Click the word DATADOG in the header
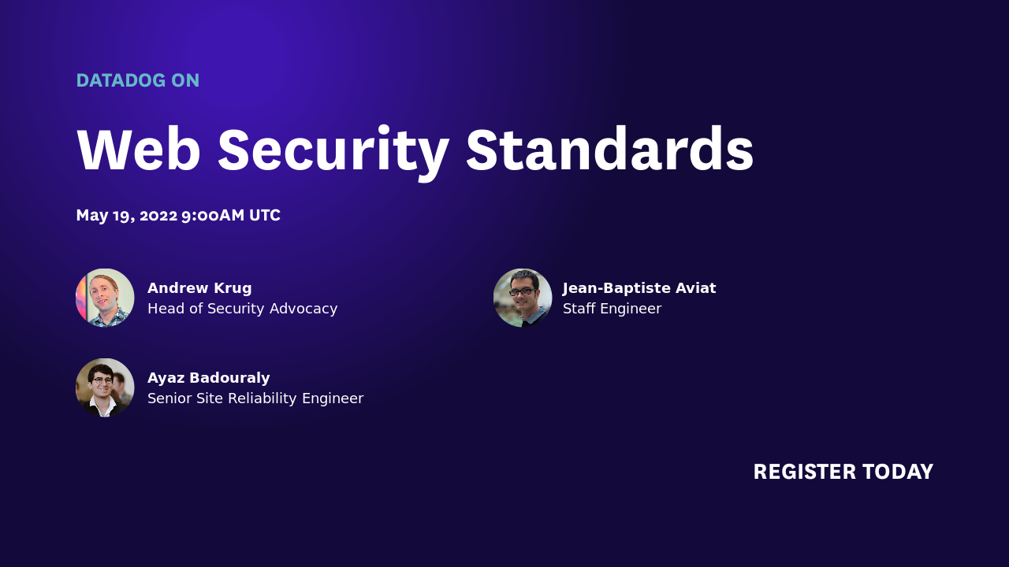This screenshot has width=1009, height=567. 121,80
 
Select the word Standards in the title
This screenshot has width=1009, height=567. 609,150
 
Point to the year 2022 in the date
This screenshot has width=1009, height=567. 158,216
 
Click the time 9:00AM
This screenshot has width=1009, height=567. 213,216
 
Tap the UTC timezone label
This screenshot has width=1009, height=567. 265,216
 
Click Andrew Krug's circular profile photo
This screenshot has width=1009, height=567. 105,298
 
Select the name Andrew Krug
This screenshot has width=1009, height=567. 199,288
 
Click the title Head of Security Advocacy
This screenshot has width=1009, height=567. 242,309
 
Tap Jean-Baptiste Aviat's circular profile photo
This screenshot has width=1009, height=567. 523,298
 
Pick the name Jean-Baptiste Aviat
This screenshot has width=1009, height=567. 639,288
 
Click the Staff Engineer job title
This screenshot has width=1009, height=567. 612,309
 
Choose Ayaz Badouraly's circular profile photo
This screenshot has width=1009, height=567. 105,387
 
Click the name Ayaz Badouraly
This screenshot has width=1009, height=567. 208,378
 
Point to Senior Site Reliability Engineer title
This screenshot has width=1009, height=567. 255,398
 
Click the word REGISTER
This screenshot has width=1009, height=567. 804,472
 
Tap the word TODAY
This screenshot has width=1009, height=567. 898,472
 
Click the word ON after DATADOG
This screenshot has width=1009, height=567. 185,80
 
